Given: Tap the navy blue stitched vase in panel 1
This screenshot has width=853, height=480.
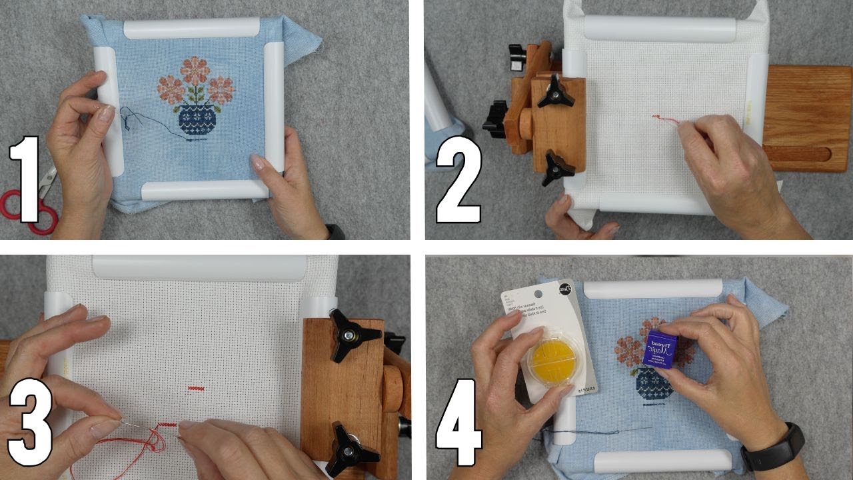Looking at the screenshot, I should [197, 120].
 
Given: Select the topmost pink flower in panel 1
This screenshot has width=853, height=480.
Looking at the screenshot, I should [195, 70].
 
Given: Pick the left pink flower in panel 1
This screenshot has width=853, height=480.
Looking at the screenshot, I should [171, 90].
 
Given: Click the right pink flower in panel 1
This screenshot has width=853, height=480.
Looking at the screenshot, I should [221, 90].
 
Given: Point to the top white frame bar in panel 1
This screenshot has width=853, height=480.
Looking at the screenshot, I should [192, 29].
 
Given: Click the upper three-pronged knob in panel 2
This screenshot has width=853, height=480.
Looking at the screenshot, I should [555, 92].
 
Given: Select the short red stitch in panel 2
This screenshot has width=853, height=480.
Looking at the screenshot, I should [664, 119].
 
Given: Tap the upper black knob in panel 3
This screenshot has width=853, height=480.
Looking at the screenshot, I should [354, 334].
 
